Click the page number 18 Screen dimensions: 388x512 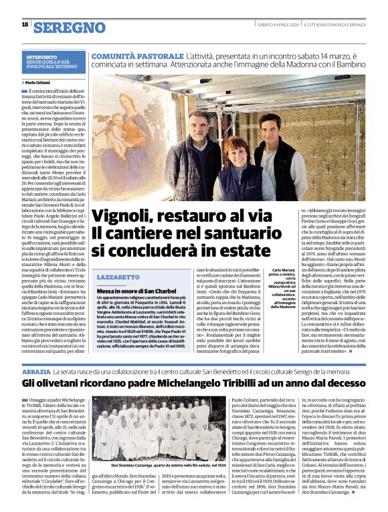(25, 25)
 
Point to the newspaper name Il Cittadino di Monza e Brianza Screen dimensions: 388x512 (334, 25)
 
